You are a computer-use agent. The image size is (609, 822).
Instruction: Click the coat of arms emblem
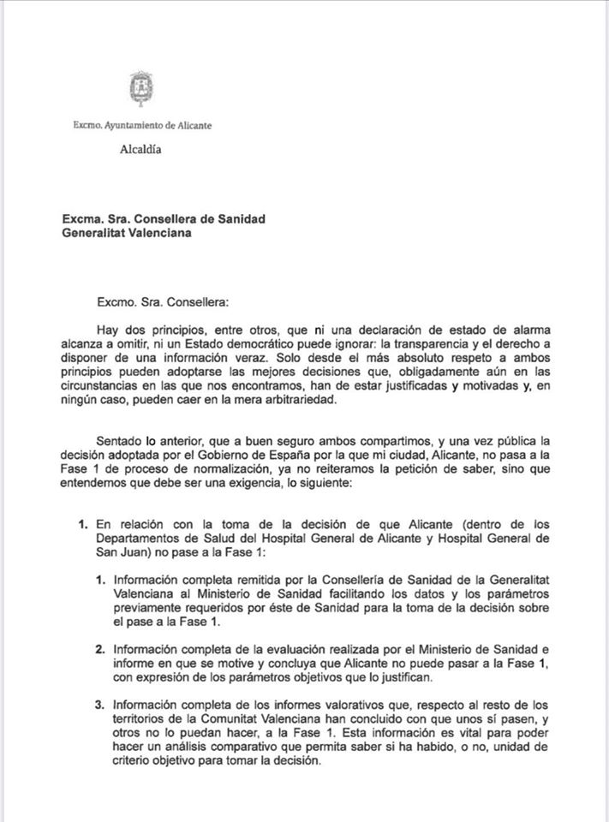click(x=142, y=90)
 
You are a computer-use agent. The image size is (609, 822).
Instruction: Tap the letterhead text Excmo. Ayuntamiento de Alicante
click(x=142, y=125)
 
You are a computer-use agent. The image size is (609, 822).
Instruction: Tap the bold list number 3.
click(x=99, y=705)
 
